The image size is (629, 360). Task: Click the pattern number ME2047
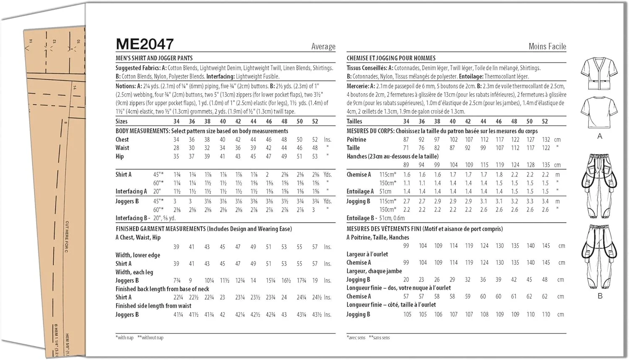pyautogui.click(x=145, y=44)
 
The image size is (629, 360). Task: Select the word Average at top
pyautogui.click(x=323, y=47)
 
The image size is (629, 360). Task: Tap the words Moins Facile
pyautogui.click(x=547, y=47)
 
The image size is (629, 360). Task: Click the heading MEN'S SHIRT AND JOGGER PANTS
pyautogui.click(x=154, y=58)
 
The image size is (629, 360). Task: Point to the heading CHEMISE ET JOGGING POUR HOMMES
pyautogui.click(x=391, y=58)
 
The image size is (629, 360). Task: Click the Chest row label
pyautogui.click(x=122, y=140)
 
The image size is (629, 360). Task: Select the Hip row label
pyautogui.click(x=120, y=157)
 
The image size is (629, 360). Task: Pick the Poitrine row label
pyautogui.click(x=356, y=140)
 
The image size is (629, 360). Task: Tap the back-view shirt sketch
pyautogui.click(x=599, y=112)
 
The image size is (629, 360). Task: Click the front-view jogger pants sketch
pyautogui.click(x=599, y=185)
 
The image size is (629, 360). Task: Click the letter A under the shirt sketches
pyautogui.click(x=600, y=136)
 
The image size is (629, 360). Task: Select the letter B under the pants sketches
pyautogui.click(x=600, y=296)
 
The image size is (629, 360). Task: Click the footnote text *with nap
pyautogui.click(x=125, y=338)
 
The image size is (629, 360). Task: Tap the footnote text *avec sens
pyautogui.click(x=356, y=338)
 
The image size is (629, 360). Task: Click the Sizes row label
pyautogui.click(x=121, y=121)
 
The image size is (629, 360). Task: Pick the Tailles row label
pyautogui.click(x=354, y=121)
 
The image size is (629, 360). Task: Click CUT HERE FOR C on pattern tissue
pyautogui.click(x=67, y=237)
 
